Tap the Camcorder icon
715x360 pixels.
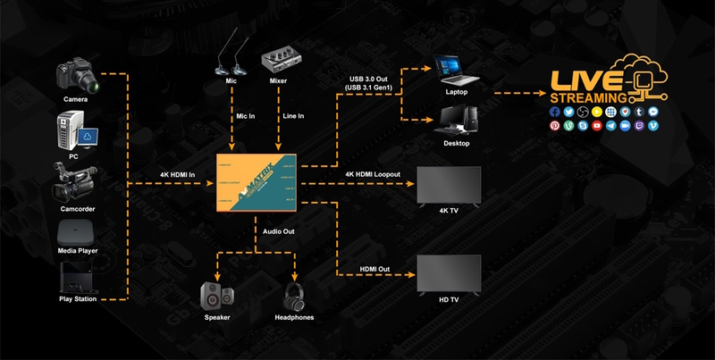pyautogui.click(x=75, y=182)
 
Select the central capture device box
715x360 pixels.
pyautogui.click(x=258, y=184)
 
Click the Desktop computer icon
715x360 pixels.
pyautogui.click(x=457, y=120)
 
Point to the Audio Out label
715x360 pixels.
pyautogui.click(x=279, y=231)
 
